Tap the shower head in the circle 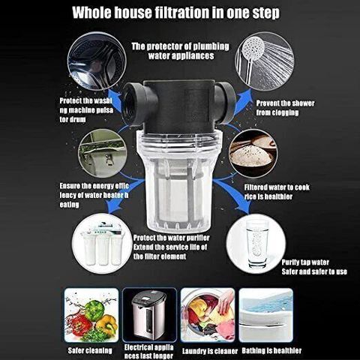tap(253, 48)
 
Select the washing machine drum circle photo tap(97, 61)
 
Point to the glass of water tap(256, 244)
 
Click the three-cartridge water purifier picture tap(102, 244)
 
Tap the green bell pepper tap(94, 310)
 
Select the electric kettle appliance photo tap(149, 315)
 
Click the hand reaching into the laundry tap(226, 301)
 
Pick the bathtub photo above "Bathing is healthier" tap(265, 315)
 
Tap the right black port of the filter tap(225, 103)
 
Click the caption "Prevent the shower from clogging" tap(285, 108)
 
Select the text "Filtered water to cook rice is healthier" tap(277, 192)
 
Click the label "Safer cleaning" tap(90, 350)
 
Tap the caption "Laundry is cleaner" tap(210, 351)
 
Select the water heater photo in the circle tap(103, 154)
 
